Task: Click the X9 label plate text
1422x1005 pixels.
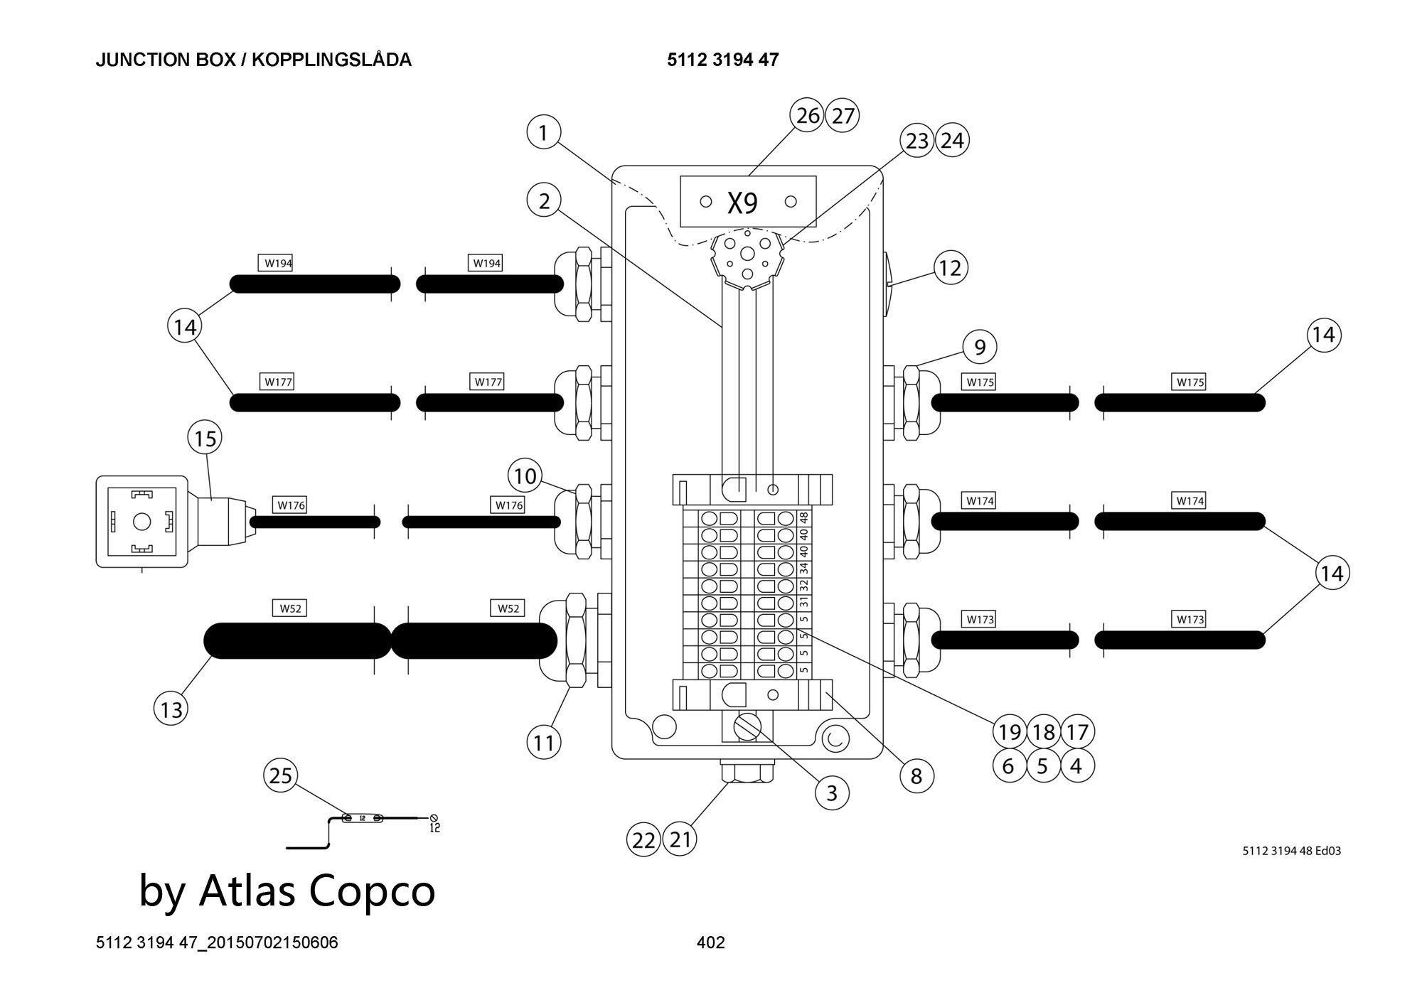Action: click(x=743, y=203)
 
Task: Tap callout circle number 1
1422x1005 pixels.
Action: click(x=544, y=133)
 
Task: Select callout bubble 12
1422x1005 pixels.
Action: click(x=950, y=268)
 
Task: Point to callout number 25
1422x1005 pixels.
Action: click(x=281, y=775)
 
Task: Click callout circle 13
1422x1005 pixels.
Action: click(x=171, y=709)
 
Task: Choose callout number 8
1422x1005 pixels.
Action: click(x=916, y=775)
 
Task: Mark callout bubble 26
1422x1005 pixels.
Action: click(x=808, y=115)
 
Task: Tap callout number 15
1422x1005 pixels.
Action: click(x=205, y=438)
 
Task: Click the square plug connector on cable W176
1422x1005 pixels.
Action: click(x=142, y=522)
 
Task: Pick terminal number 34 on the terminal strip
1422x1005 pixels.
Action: click(x=804, y=568)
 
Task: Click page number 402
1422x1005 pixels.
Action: click(x=711, y=942)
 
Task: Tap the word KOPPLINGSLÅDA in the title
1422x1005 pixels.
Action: click(x=332, y=60)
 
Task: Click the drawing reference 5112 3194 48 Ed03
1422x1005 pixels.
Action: click(x=1291, y=851)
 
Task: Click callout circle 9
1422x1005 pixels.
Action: click(x=980, y=348)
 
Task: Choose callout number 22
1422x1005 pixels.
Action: click(x=643, y=840)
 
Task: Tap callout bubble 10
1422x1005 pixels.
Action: click(x=525, y=475)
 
